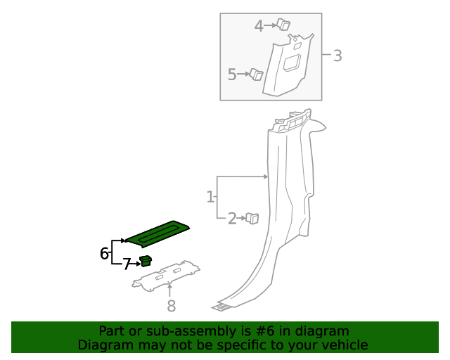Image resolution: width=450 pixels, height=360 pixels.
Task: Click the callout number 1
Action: [x=210, y=197]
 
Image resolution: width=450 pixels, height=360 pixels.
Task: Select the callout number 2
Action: [x=232, y=219]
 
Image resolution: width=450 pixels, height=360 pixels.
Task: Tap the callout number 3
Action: [x=337, y=56]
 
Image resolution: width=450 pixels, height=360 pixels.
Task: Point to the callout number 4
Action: [x=259, y=26]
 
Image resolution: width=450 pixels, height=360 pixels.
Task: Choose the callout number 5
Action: [x=233, y=74]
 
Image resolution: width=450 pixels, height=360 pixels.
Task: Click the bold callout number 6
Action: [x=105, y=253]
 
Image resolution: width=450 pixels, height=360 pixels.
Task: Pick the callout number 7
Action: [x=127, y=264]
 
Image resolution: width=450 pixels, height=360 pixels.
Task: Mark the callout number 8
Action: [x=171, y=305]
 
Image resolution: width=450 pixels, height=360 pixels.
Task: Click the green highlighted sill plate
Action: [x=157, y=233]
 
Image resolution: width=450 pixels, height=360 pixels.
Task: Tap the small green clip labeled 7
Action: [x=146, y=262]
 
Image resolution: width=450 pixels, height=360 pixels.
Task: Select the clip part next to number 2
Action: [x=252, y=219]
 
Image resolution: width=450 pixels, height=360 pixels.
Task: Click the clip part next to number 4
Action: [x=283, y=25]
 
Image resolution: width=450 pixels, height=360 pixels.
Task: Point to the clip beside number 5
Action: [x=256, y=75]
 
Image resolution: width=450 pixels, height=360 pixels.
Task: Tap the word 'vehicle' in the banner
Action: [x=345, y=345]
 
